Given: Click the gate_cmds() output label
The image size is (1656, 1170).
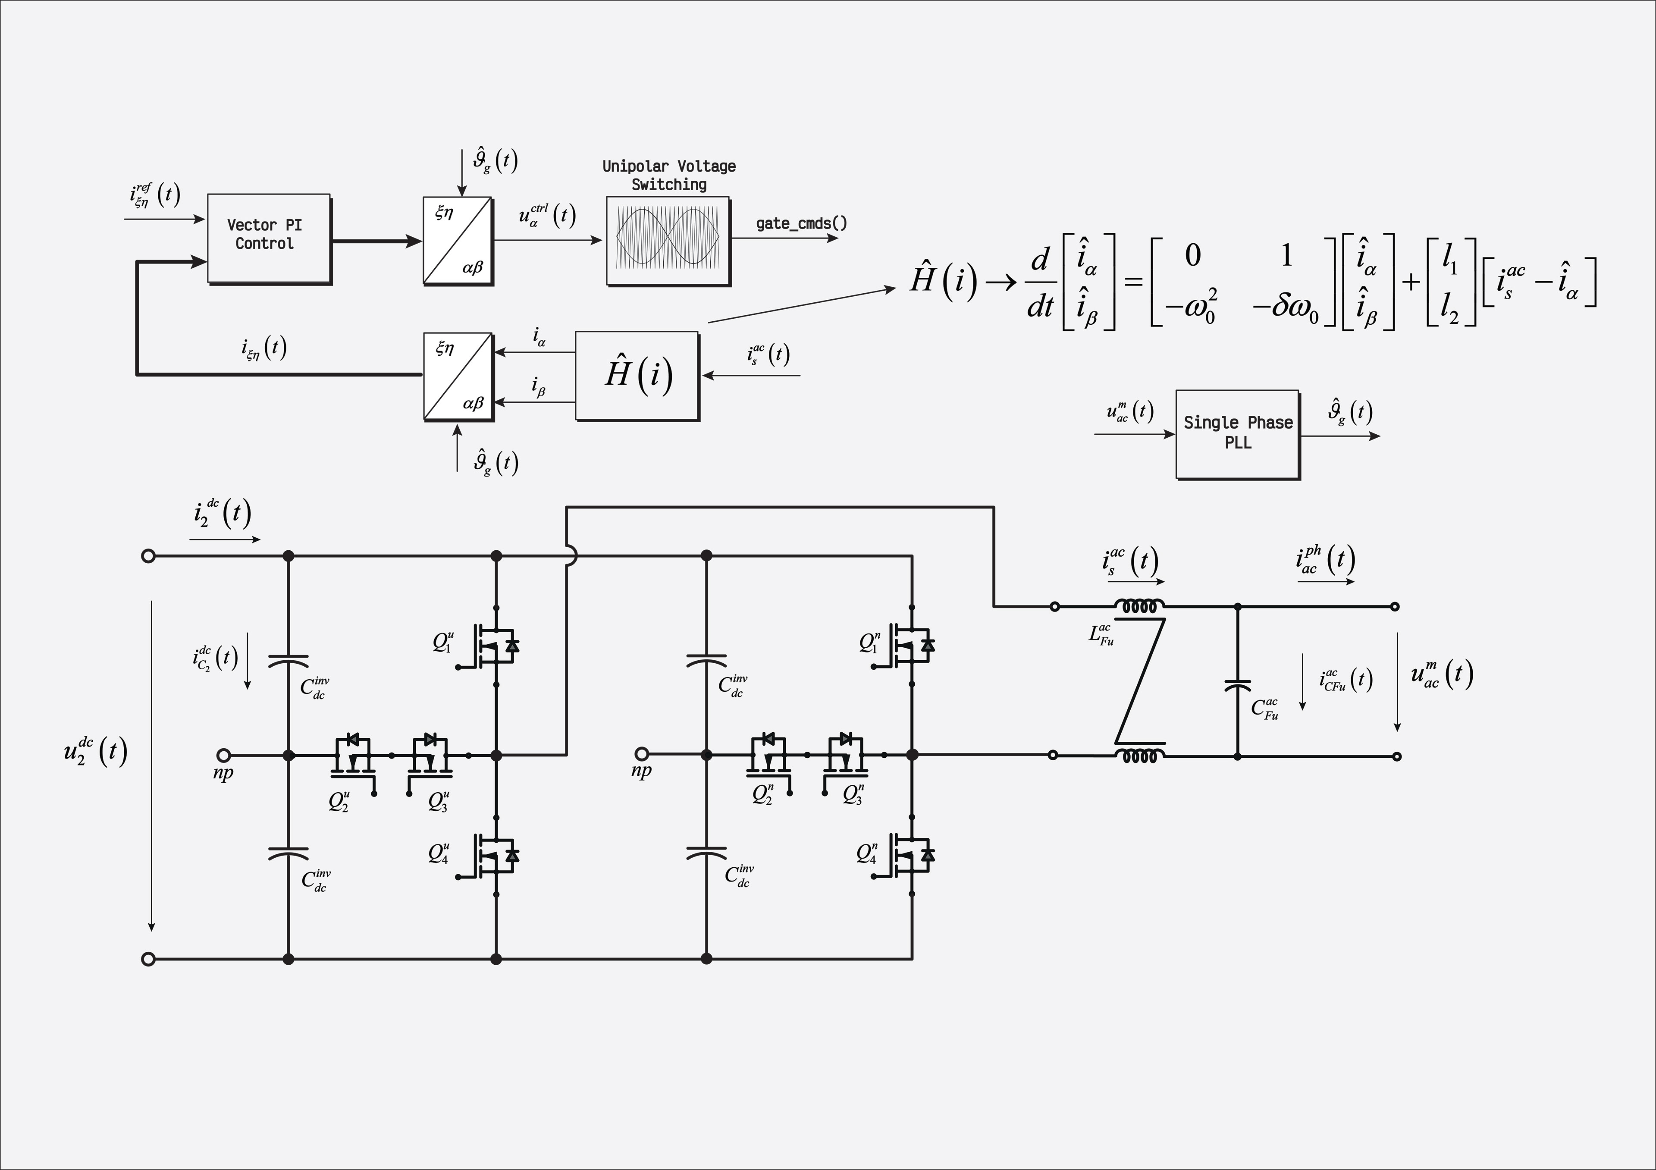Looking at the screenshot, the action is pos(801,224).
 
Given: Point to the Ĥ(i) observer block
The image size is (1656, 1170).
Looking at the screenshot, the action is pos(637,376).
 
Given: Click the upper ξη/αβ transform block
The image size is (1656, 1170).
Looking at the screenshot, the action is pos(458,241).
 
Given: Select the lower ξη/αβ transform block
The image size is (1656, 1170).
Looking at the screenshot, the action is pos(458,376).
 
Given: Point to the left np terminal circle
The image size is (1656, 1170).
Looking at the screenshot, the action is pos(224,755).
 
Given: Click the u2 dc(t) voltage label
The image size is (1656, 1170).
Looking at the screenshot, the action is pos(95,753).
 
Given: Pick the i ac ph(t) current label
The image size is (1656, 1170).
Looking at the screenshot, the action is pos(1325,560).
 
